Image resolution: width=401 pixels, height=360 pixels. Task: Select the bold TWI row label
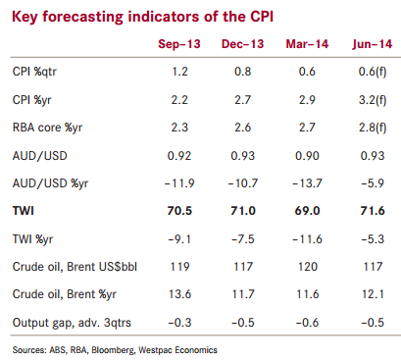coord(23,210)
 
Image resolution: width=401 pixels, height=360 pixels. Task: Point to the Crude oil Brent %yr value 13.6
coord(179,294)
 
